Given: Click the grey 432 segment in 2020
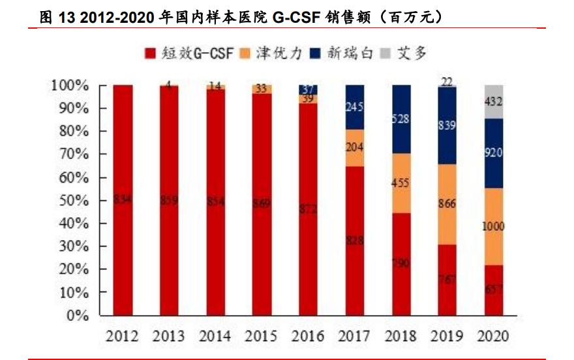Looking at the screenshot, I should (493, 102).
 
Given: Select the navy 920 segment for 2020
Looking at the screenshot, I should (493, 153).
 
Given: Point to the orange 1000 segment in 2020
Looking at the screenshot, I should (493, 226).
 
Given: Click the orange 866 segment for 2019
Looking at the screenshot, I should (447, 204).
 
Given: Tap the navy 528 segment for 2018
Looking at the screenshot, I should (400, 119).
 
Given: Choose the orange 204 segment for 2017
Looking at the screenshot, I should (354, 147).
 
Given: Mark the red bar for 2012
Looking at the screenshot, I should (122, 200).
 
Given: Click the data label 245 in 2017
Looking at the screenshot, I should (354, 107).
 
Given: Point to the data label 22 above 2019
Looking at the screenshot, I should (447, 80).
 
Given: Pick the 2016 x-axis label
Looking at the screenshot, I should (308, 337).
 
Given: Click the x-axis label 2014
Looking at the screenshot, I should (215, 337).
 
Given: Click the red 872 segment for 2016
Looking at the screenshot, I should (308, 209).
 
